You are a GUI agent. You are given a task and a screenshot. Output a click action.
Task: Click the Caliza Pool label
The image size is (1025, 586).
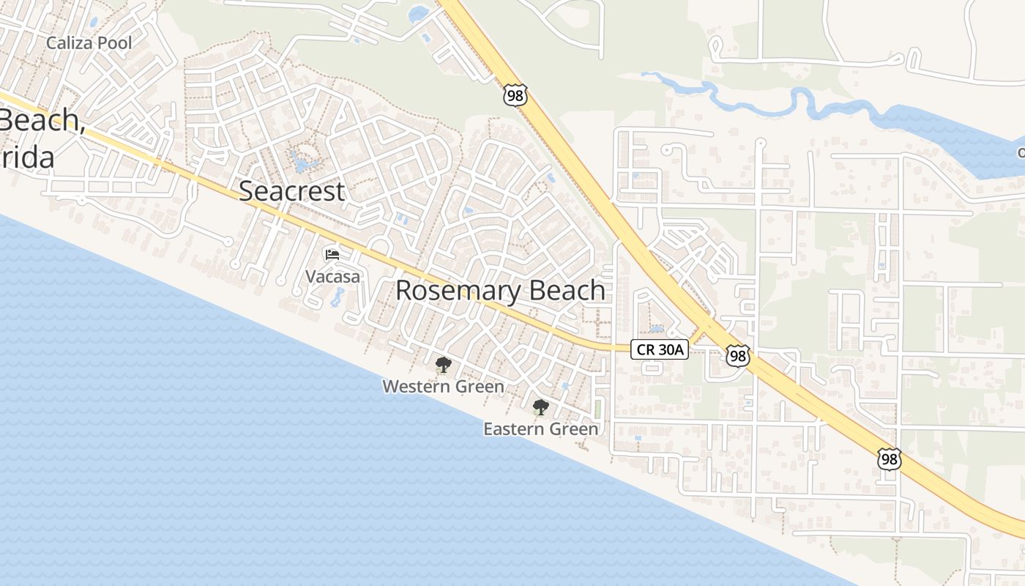tap(89, 43)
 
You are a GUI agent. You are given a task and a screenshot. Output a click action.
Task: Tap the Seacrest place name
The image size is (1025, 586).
tap(291, 191)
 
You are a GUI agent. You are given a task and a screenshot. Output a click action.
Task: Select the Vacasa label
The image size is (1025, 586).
tap(333, 276)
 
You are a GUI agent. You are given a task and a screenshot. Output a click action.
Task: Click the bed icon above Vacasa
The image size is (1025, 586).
tap(332, 254)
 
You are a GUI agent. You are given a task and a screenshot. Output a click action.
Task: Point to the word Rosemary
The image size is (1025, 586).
tap(449, 291)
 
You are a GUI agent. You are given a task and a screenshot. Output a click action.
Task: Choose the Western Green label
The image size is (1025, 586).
tap(443, 386)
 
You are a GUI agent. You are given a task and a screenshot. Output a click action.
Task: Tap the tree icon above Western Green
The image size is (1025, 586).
tap(442, 365)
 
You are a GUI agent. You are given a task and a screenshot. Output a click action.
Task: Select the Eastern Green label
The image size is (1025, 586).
tap(541, 429)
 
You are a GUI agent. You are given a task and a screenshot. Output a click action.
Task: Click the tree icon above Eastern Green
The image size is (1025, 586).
tap(540, 407)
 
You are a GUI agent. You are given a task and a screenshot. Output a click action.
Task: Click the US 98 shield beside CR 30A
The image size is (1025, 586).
tap(737, 356)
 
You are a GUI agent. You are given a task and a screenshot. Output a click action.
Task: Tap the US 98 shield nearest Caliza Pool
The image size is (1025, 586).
tap(515, 94)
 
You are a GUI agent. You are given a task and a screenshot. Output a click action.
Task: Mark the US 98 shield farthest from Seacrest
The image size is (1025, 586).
tap(889, 459)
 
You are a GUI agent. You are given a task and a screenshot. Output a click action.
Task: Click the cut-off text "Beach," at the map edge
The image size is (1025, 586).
tap(40, 121)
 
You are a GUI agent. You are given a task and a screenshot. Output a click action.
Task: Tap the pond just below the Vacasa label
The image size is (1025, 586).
tap(338, 297)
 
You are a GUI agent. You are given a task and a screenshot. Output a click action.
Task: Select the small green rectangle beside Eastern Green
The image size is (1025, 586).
tap(597, 409)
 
